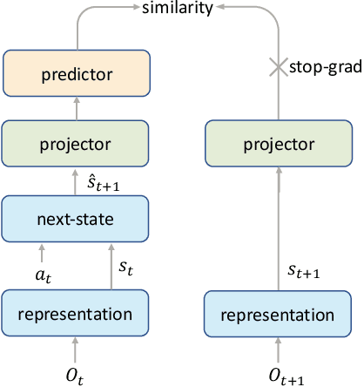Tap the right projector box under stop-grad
pos(280,142)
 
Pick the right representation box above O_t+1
pos(280,314)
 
